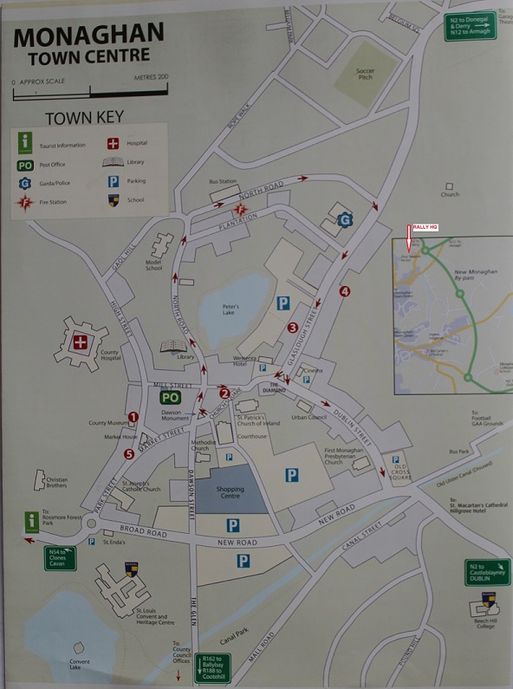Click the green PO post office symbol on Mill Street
170,398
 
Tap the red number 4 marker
345,291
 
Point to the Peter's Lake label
230,309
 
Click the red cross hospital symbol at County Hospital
81,342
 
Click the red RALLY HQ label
425,227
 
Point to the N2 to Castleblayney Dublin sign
487,571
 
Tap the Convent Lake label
80,665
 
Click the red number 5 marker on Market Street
129,453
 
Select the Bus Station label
223,181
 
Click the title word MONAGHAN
88,36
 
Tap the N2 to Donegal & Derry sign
471,27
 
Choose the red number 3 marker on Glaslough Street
293,328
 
